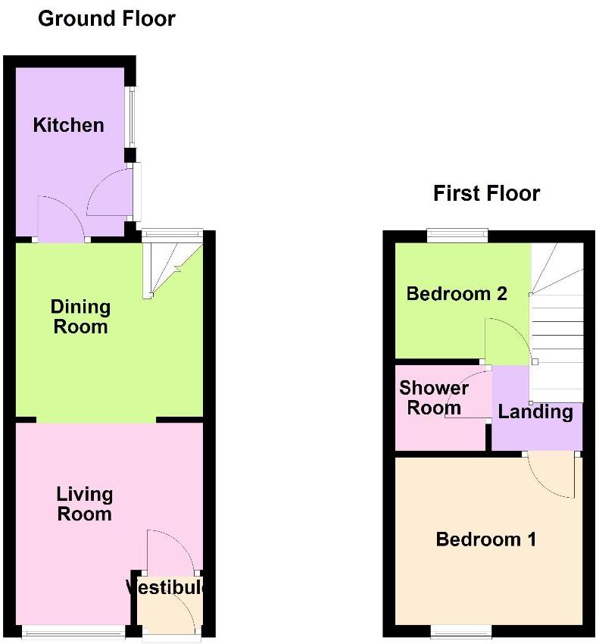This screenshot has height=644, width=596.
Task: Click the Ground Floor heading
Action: click(106, 18)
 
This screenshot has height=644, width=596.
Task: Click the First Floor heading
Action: click(486, 193)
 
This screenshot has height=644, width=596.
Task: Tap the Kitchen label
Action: click(68, 125)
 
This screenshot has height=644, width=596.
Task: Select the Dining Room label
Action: click(80, 317)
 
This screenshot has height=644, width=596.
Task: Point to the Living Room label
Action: click(84, 504)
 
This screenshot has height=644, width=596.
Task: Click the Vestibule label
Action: click(166, 588)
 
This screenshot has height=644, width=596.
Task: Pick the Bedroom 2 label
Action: click(456, 293)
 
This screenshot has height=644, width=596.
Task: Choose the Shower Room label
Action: click(434, 398)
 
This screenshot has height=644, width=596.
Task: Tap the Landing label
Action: click(535, 412)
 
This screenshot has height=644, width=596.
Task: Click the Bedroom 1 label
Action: click(485, 539)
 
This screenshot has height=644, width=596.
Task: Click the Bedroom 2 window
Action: click(456, 236)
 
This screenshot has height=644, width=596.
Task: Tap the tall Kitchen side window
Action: click(131, 118)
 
